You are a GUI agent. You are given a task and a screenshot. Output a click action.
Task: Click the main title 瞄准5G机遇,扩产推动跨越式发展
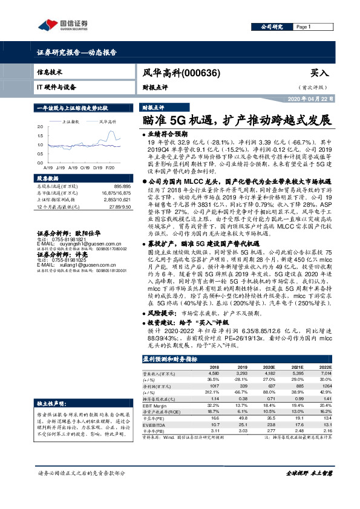[235, 119]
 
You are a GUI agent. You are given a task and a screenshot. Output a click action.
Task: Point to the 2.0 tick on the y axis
[40, 127]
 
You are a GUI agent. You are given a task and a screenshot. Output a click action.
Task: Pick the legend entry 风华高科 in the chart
[108, 122]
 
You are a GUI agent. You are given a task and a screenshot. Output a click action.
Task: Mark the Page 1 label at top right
[303, 27]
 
